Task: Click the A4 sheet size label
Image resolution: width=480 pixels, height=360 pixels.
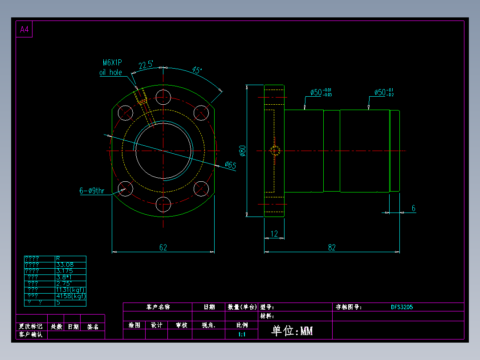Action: [24, 30]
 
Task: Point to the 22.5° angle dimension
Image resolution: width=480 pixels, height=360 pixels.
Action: [146, 65]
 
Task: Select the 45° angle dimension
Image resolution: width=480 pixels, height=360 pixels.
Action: [197, 70]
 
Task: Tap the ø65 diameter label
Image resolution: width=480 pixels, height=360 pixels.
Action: [230, 165]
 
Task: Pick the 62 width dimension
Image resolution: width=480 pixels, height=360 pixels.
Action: [163, 247]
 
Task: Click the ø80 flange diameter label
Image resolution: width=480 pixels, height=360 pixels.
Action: [243, 151]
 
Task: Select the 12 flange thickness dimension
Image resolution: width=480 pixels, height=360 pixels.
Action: [274, 233]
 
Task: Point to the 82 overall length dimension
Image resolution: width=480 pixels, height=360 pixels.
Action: [332, 247]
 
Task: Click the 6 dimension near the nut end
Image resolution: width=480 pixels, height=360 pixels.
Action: [413, 208]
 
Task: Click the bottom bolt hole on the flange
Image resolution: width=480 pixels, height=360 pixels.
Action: [163, 205]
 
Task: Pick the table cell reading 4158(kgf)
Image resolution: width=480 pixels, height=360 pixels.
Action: [70, 296]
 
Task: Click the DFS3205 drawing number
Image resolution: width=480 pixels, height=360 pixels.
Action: [402, 307]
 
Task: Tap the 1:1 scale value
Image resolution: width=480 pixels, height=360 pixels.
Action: [242, 334]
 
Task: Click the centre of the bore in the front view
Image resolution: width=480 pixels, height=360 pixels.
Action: [163, 151]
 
